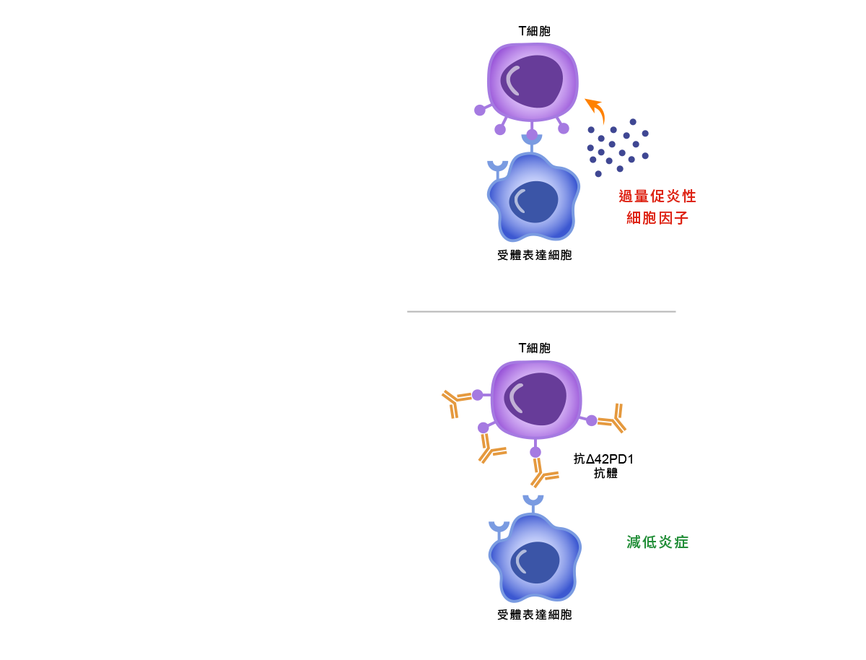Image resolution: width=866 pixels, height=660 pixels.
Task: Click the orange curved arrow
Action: point(596,109)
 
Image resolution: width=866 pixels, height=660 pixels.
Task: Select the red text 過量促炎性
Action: point(657,196)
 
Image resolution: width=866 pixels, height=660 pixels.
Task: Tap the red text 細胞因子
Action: point(657,218)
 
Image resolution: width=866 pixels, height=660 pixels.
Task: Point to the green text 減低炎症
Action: point(657,542)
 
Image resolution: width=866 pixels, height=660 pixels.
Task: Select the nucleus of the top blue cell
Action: point(534,201)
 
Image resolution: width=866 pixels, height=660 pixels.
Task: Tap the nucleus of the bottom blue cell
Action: point(535,562)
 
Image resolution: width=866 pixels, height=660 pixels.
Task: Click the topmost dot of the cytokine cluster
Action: point(633,122)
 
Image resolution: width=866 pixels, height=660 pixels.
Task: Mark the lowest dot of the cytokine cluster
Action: point(598,174)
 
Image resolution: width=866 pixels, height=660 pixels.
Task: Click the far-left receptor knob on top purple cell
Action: point(480,110)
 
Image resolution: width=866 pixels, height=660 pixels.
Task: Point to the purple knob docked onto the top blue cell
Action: point(532,135)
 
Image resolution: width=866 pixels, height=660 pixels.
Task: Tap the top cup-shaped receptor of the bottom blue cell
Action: point(533,500)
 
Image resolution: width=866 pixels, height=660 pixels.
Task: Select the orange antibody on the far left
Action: point(454,401)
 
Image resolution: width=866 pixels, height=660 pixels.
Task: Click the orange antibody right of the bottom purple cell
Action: point(613,419)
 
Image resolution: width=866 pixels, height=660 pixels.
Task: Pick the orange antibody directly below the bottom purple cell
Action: point(543,473)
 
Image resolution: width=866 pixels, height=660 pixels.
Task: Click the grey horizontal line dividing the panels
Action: point(541,311)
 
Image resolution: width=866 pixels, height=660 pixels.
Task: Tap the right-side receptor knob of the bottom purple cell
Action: point(592,420)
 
